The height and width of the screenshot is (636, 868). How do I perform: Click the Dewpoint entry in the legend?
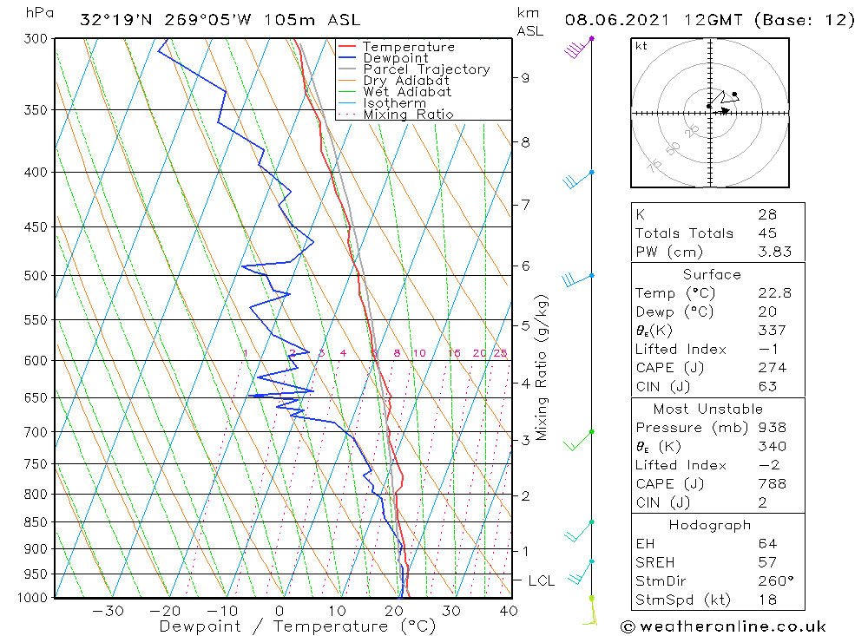396,58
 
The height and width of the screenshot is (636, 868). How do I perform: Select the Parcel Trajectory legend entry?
426,69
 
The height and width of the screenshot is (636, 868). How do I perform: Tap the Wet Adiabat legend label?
407,92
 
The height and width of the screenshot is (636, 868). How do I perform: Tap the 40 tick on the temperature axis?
509,611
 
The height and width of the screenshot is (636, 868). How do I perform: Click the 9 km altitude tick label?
525,77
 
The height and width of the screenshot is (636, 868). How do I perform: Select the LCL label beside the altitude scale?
541,580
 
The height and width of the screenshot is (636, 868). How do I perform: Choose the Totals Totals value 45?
766,233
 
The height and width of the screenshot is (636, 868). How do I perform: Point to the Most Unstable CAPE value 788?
772,484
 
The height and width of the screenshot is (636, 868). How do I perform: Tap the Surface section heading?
712,275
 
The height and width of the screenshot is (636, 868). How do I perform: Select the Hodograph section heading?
711,525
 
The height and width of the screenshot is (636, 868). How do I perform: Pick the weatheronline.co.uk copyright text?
723,626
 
